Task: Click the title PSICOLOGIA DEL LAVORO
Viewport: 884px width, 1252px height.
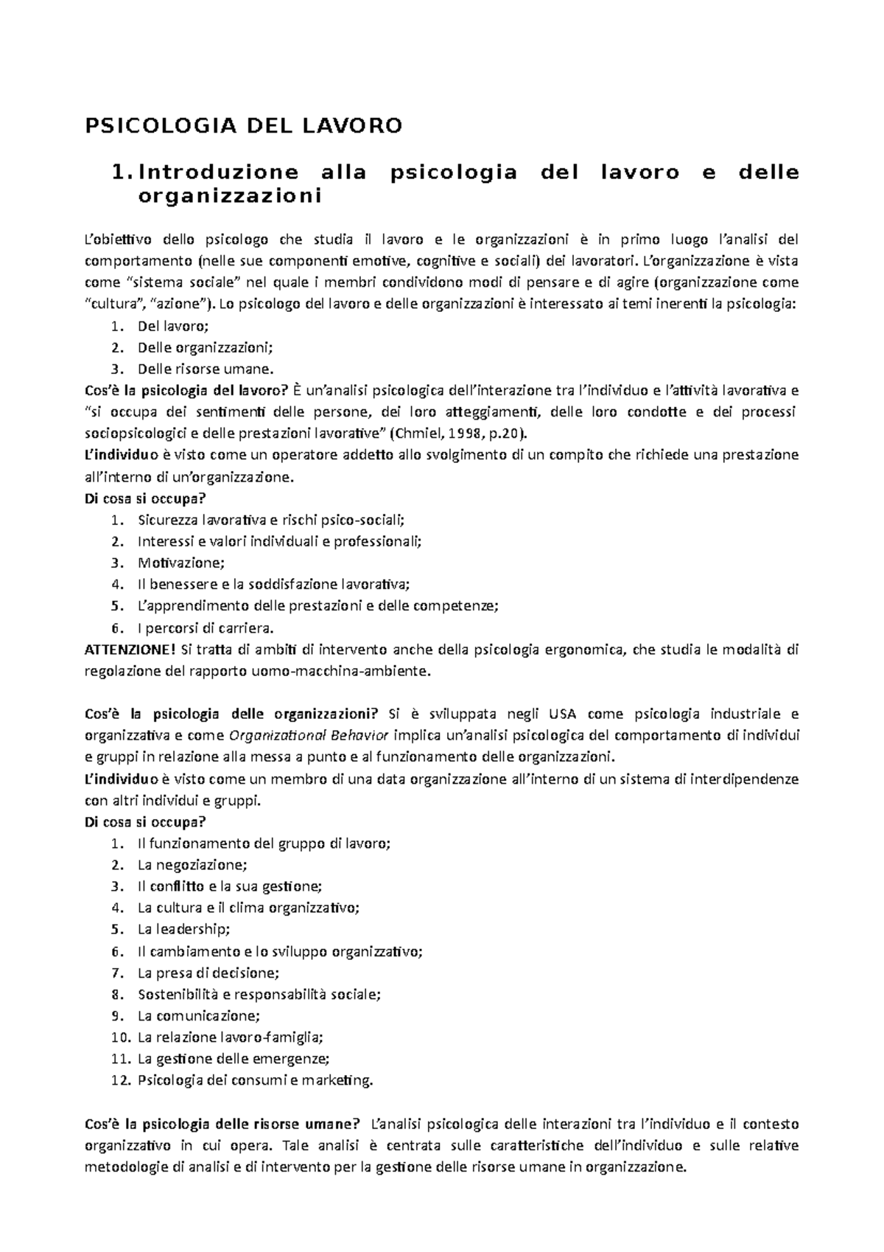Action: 244,126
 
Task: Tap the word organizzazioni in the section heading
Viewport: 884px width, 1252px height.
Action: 230,197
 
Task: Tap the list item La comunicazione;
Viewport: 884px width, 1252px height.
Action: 199,1016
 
